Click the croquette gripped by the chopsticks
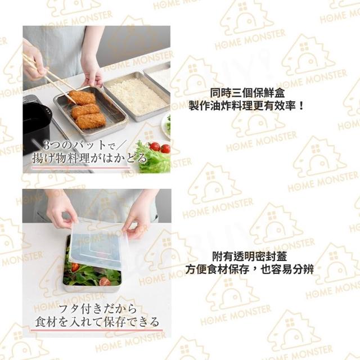[82, 97]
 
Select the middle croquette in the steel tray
[85, 111]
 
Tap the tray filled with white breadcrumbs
[137, 97]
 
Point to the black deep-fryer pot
[37, 124]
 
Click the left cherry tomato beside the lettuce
[155, 146]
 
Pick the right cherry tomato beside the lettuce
[165, 148]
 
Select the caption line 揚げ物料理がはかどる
[89, 159]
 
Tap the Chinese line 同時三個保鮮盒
[247, 93]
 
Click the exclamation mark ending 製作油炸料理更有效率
[301, 106]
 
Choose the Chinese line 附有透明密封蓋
[249, 256]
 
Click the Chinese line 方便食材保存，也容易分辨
[249, 269]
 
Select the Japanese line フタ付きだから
[97, 309]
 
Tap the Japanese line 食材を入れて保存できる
[97, 322]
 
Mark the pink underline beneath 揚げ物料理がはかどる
[81, 168]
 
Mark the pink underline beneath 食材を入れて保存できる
[96, 331]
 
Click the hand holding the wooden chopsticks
[34, 60]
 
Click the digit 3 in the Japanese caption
[47, 146]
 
